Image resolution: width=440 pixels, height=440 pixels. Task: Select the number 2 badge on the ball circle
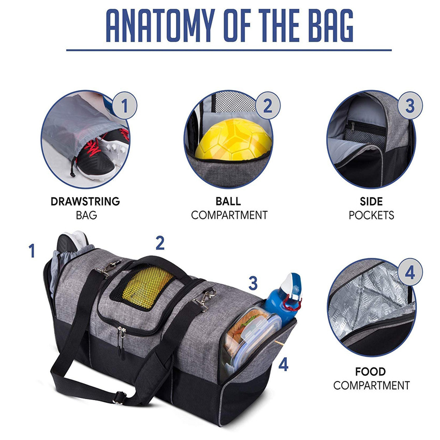267,106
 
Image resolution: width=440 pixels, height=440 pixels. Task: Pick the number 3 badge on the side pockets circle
409,106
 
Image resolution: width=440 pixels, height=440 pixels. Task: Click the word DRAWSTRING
85,201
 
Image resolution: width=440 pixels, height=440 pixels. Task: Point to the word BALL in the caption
228,201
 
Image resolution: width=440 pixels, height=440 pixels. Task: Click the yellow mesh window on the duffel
148,288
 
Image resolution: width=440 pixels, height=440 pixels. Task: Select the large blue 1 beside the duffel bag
32,251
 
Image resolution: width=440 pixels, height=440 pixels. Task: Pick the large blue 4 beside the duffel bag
283,365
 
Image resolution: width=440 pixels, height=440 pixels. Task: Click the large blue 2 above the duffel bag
160,243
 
